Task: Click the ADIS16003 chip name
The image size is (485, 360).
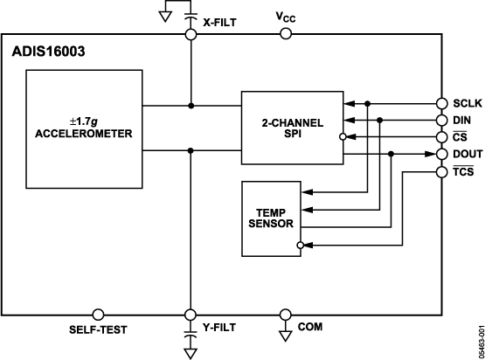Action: [49, 52]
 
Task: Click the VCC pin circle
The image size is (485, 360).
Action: [285, 34]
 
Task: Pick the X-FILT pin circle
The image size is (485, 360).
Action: [191, 34]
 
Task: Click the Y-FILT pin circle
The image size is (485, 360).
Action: [191, 314]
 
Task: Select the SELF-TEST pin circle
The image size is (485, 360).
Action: [98, 314]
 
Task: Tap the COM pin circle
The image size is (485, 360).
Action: [285, 314]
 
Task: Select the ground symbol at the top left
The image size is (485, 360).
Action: [163, 15]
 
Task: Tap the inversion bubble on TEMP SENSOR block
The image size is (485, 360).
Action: [301, 247]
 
